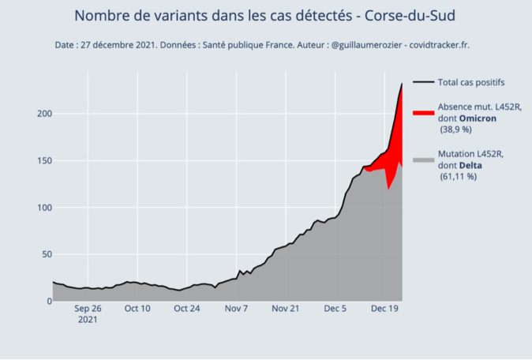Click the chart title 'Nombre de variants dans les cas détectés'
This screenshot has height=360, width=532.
[264, 16]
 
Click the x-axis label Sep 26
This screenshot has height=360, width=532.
[88, 309]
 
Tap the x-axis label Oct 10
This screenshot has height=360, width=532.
[137, 309]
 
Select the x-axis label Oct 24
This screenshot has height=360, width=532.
[187, 309]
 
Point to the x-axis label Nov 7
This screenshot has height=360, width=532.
[237, 309]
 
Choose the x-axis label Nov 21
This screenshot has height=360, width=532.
[287, 309]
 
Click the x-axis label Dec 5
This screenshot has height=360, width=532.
[336, 309]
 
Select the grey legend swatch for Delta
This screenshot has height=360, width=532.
[423, 160]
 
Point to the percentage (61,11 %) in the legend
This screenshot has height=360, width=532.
[459, 177]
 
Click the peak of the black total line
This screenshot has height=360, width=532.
[402, 84]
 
